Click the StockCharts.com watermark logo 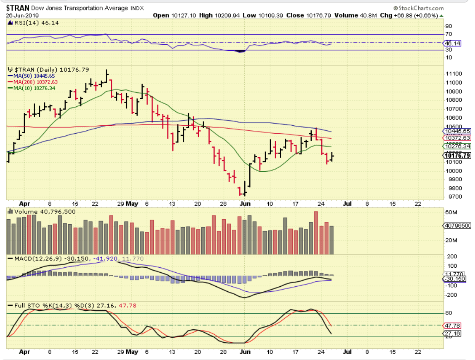coord(418,8)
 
